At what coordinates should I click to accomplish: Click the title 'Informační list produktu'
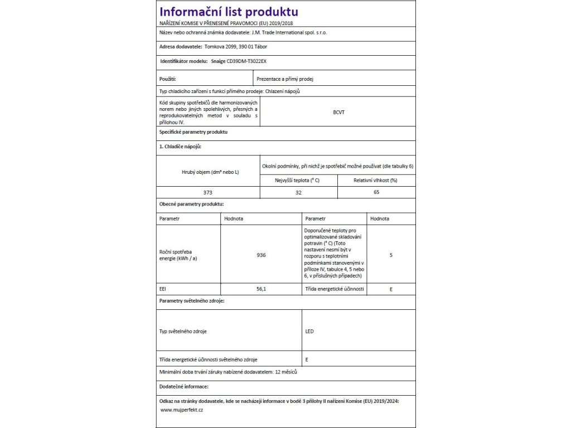229,12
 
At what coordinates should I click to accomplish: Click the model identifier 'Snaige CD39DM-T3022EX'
243,62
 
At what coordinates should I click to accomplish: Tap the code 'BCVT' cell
338,112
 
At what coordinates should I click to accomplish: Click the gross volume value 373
208,192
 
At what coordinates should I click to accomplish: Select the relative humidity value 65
376,192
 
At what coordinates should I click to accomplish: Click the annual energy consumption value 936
261,255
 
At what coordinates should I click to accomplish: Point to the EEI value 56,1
261,289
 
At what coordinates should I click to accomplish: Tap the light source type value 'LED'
309,331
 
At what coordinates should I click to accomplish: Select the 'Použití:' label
168,79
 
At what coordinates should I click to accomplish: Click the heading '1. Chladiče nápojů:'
180,146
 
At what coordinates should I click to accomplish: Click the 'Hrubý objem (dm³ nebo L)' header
208,172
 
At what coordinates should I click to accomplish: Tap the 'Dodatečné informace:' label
183,386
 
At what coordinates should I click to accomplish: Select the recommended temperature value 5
391,255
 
